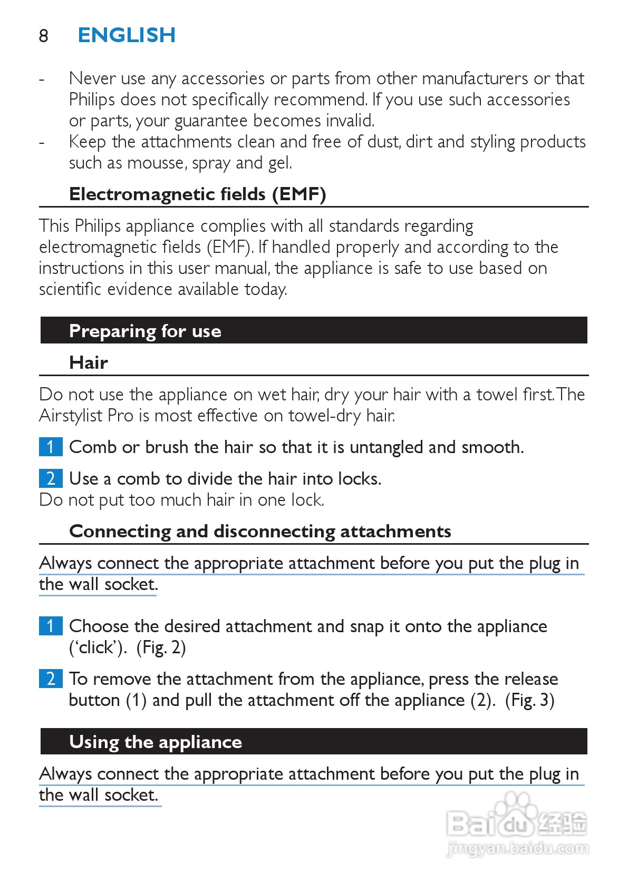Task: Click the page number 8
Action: click(43, 36)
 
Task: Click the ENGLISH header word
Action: click(127, 35)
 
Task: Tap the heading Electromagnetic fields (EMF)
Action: click(198, 194)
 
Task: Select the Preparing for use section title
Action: click(145, 331)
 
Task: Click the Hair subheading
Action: click(89, 362)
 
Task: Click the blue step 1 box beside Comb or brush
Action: click(51, 447)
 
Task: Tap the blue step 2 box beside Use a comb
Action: click(51, 478)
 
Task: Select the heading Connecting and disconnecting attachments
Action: click(260, 531)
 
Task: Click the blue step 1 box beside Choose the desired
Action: click(51, 626)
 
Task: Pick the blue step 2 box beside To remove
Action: click(51, 679)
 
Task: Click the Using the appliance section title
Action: click(156, 742)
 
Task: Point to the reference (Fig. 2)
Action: click(161, 647)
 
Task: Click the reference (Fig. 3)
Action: click(529, 700)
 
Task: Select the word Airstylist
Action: click(71, 416)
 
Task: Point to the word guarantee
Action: click(211, 121)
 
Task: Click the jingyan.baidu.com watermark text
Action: click(517, 848)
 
